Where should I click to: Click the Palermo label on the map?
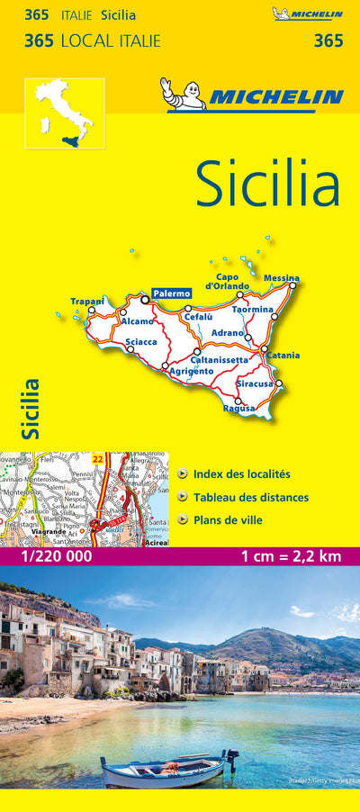coord(171,293)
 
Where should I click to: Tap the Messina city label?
coord(282,278)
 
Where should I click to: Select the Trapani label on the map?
coord(88,301)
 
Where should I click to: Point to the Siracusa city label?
coord(255,383)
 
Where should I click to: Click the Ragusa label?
coord(238,408)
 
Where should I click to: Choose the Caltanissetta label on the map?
coord(220,360)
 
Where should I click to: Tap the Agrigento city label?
coord(191,371)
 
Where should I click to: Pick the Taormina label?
coord(252,310)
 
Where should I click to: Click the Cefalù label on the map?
coord(198,316)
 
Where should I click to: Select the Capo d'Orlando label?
coord(227,281)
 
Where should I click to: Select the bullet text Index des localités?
coord(241,474)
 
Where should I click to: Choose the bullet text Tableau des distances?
coord(250,497)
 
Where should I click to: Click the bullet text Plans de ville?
coord(232,519)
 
